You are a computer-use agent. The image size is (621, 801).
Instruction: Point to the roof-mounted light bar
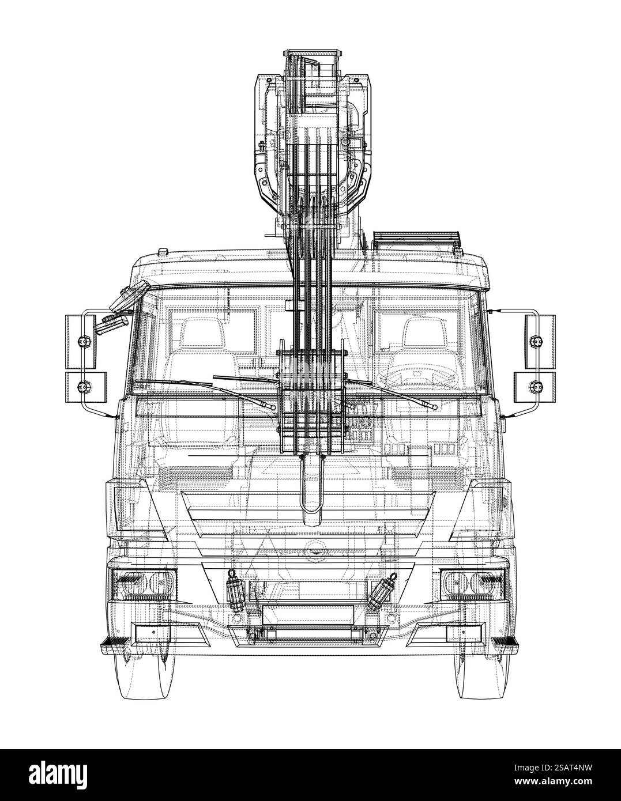point(417,236)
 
